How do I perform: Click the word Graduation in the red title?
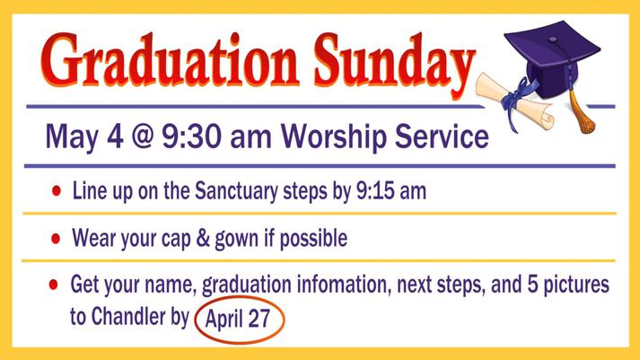pyautogui.click(x=169, y=61)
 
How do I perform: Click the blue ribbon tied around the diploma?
pyautogui.click(x=517, y=98)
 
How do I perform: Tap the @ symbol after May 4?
pyautogui.click(x=142, y=136)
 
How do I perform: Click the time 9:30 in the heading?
pyautogui.click(x=192, y=136)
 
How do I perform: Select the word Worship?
pyautogui.click(x=333, y=136)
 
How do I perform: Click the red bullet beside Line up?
pyautogui.click(x=57, y=190)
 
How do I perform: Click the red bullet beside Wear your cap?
pyautogui.click(x=56, y=239)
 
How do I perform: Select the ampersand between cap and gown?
pyautogui.click(x=203, y=239)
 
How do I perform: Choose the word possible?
pyautogui.click(x=313, y=239)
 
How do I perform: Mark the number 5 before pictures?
pyautogui.click(x=532, y=284)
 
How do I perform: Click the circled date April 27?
pyautogui.click(x=239, y=320)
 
